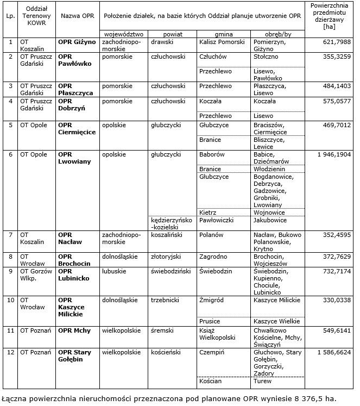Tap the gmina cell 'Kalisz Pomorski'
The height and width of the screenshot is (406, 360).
tap(222, 41)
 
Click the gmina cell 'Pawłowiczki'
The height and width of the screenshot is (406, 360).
tap(216, 220)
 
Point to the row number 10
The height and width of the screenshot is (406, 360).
tap(10, 299)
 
